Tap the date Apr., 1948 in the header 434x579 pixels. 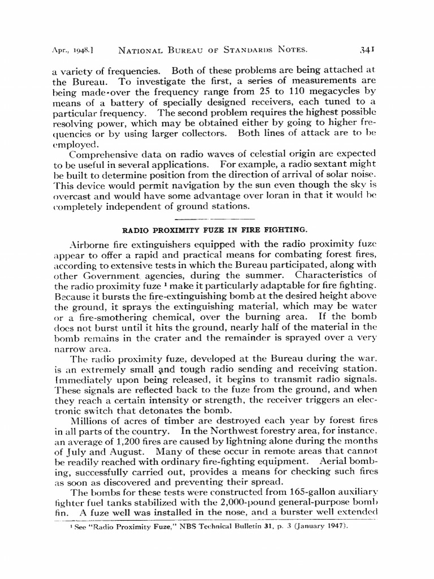73,50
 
